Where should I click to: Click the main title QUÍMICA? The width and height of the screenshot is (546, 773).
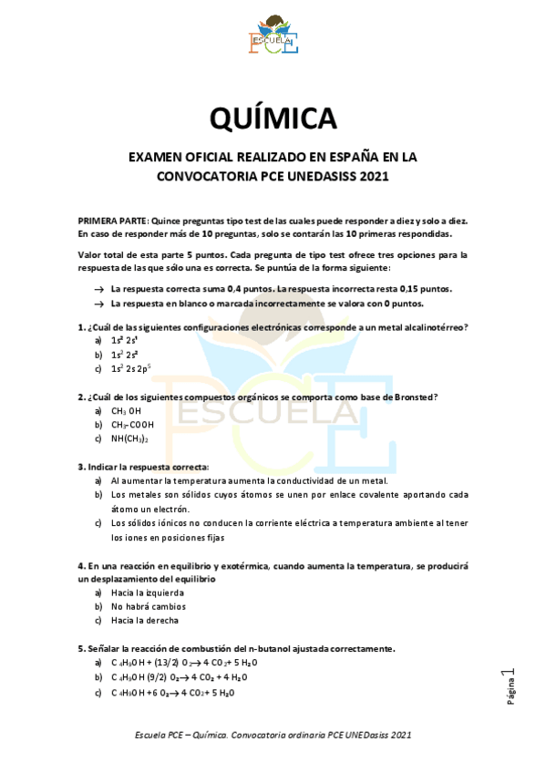(273, 119)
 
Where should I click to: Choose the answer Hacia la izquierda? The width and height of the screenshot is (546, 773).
(147, 593)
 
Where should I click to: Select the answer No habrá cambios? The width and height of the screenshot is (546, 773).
(148, 606)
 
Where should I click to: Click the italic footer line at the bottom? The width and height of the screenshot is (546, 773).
(273, 734)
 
